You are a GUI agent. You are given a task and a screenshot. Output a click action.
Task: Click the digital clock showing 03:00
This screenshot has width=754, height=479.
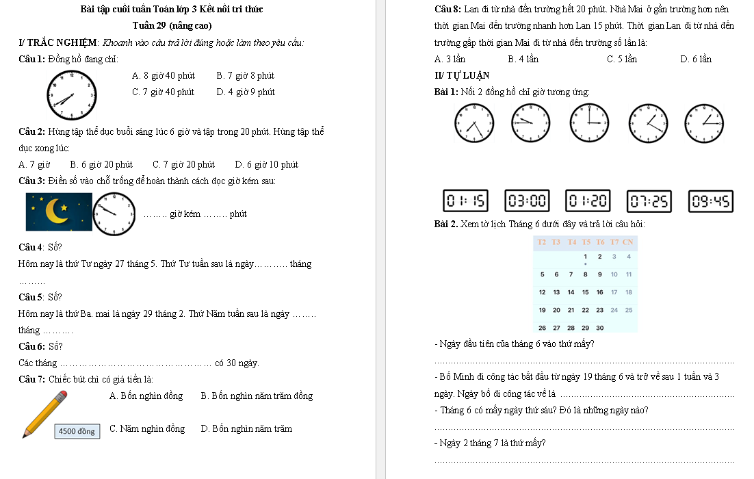[x=528, y=201]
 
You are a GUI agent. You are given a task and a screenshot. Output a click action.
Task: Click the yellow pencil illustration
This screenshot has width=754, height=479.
[x=45, y=413]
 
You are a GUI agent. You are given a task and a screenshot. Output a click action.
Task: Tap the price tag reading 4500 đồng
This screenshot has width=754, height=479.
[x=77, y=431]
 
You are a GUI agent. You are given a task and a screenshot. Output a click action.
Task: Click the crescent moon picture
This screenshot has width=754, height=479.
[x=57, y=212]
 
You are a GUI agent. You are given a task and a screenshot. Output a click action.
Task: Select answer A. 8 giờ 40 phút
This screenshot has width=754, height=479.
[x=164, y=75]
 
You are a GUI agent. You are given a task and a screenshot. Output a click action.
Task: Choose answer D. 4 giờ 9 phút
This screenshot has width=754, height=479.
[x=245, y=92]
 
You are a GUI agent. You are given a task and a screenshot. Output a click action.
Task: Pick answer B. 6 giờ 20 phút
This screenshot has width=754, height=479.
[x=101, y=164]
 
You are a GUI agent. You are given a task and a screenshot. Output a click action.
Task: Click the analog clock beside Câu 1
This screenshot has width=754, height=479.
[x=71, y=96]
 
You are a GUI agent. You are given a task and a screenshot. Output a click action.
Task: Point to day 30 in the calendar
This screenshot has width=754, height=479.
[x=599, y=327]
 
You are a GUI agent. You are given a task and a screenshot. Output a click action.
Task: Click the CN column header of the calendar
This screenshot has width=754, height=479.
[x=628, y=242]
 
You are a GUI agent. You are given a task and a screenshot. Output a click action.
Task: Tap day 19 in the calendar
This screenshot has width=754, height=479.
[x=542, y=309]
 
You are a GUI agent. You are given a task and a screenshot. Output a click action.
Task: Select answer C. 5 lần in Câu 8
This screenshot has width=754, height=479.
[x=621, y=59]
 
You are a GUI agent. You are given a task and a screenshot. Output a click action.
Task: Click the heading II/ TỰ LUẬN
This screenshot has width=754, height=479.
[x=462, y=75]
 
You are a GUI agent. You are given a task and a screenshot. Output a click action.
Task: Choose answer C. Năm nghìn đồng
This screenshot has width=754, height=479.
[x=147, y=429]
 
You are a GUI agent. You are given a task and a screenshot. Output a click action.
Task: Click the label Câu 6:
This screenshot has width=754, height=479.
[x=33, y=346]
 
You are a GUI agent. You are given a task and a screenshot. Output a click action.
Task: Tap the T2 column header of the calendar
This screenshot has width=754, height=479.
[x=542, y=242]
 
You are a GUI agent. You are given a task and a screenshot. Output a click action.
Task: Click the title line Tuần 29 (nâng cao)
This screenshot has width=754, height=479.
[x=172, y=25]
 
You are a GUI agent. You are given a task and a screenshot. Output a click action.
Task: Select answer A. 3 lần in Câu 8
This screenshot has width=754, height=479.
[x=450, y=59]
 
